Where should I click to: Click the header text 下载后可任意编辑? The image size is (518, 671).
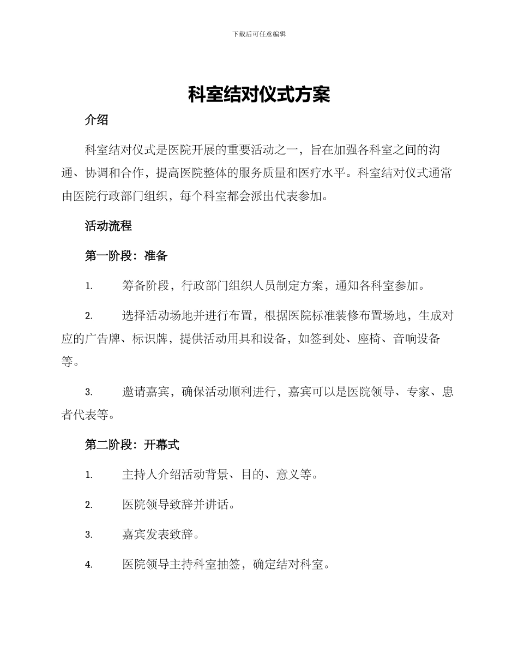(259, 34)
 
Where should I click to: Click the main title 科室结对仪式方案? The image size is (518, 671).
(259, 95)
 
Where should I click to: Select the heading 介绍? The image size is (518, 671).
(97, 121)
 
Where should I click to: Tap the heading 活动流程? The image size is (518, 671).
(109, 226)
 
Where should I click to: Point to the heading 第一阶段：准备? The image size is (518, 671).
(126, 256)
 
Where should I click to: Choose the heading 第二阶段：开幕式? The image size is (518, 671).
(132, 445)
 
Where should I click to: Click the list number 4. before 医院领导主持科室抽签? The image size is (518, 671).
(89, 565)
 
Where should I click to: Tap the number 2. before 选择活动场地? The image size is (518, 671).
(89, 316)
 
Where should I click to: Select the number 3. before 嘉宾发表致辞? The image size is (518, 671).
(89, 535)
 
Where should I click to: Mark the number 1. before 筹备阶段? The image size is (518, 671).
(89, 286)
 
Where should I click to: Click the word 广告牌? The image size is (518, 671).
(103, 339)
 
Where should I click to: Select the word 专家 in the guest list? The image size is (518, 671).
(417, 392)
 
